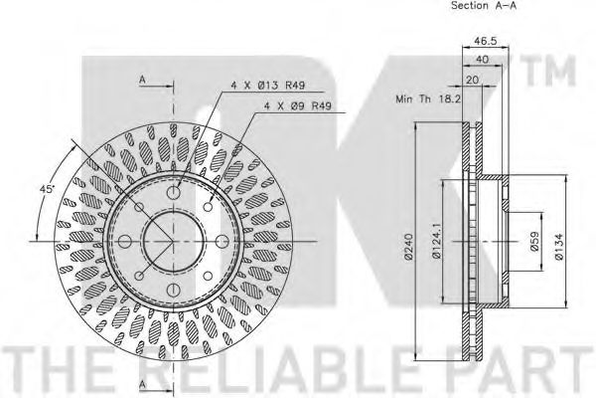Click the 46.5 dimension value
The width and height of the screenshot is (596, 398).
486,41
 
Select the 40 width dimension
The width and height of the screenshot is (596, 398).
482,60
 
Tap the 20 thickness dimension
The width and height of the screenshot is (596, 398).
473,80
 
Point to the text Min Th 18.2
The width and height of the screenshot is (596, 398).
428,99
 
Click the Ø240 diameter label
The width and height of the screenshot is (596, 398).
409,247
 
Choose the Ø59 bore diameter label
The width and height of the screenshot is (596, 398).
534,242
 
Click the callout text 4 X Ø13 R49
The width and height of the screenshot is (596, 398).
268,86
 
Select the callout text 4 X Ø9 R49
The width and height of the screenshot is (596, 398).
297,105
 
